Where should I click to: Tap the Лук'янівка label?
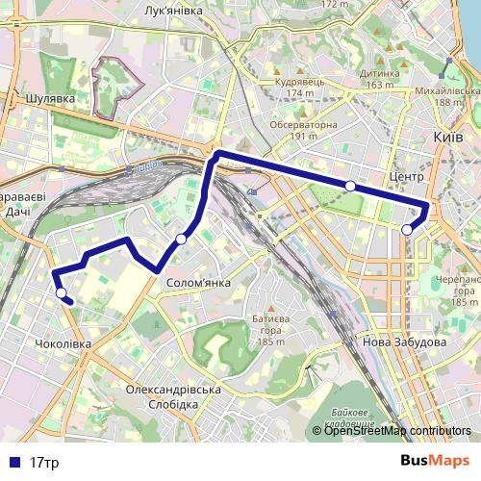click(172, 10)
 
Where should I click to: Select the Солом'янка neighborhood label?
click(198, 283)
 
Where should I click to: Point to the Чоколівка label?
click(63, 343)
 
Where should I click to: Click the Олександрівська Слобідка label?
click(173, 396)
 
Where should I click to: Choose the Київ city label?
click(448, 138)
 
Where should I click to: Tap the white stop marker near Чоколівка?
click(61, 292)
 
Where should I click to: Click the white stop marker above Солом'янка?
click(181, 239)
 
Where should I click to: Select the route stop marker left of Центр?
click(350, 185)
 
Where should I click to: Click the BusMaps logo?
click(436, 462)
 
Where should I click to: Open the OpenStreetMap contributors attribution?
click(397, 431)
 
